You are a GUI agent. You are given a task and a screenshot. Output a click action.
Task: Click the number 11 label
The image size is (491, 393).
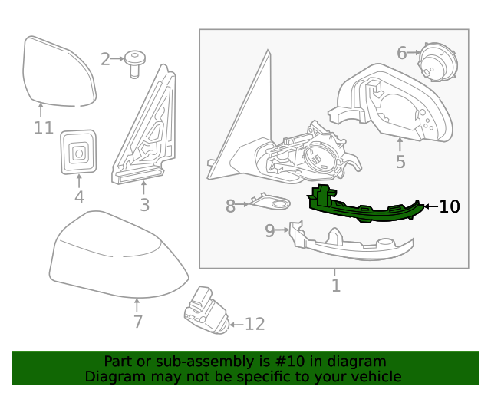43,128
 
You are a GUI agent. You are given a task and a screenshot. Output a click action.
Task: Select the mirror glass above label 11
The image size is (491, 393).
58,71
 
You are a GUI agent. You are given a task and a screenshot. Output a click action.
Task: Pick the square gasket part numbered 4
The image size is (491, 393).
78,151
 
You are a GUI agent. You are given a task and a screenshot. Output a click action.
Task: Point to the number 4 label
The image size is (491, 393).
79,198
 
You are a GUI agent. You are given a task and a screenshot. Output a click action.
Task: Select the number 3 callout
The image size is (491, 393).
144,205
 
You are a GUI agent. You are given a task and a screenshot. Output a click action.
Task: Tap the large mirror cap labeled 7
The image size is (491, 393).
115,257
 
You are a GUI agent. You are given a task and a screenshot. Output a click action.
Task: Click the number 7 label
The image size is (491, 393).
138,322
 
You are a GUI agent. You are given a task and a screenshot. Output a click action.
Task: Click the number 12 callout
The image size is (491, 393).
254,325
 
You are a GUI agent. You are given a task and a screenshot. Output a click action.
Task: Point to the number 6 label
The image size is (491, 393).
402,53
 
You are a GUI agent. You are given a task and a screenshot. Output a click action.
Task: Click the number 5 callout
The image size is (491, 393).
400,162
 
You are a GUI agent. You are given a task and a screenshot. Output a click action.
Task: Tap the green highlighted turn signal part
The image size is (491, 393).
361,207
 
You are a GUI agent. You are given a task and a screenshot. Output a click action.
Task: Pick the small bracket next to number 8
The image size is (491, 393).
270,203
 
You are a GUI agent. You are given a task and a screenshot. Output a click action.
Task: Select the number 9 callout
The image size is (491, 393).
270,230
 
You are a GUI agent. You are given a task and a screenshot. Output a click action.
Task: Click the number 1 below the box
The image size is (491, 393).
335,286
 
